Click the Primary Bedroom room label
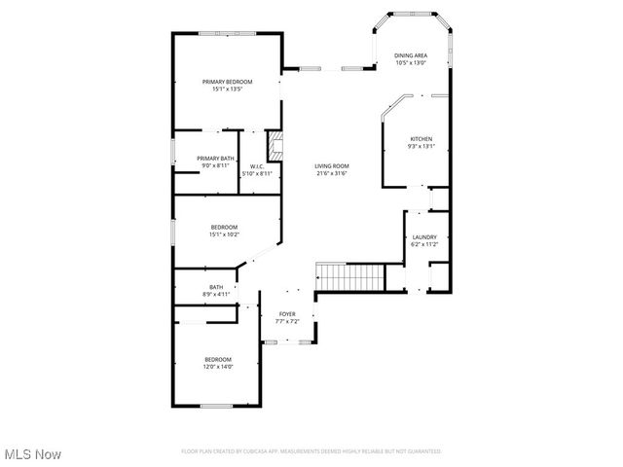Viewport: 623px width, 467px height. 227,82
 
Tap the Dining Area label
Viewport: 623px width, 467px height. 411,56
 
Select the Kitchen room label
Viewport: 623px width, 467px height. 421,139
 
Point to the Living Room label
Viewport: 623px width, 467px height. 331,166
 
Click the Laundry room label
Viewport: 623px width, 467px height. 424,237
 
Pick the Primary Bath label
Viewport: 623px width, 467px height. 215,159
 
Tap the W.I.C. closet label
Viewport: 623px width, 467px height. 258,166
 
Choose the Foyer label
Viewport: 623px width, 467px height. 287,314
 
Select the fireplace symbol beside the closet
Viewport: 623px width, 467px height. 275,147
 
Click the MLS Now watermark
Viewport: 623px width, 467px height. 32,454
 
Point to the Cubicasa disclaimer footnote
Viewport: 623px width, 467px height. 311,451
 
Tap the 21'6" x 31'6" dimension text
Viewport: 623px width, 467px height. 331,174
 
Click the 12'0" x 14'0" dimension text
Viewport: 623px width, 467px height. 218,367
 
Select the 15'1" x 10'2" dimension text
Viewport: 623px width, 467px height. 224,234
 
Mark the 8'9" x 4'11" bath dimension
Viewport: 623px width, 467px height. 215,293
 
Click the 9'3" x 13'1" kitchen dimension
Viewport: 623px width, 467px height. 421,147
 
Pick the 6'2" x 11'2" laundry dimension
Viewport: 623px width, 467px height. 424,245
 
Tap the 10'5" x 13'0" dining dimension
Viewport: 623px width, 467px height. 411,64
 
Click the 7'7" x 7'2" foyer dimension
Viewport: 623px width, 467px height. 287,321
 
